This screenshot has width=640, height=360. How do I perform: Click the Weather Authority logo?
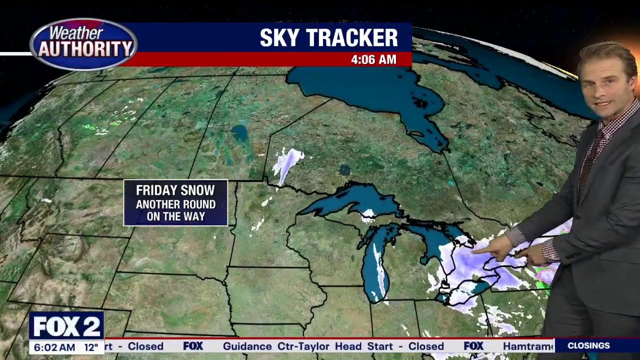pyautogui.click(x=83, y=44)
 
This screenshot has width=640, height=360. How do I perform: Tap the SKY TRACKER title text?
pyautogui.click(x=328, y=38)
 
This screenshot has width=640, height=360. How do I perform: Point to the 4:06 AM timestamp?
pyautogui.click(x=373, y=59)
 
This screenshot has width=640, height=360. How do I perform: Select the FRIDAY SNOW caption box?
pyautogui.click(x=175, y=203)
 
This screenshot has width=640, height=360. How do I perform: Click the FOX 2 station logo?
pyautogui.click(x=66, y=326)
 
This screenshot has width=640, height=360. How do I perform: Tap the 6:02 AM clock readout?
pyautogui.click(x=52, y=347)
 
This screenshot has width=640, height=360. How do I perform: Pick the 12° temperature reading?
pyautogui.click(x=91, y=347)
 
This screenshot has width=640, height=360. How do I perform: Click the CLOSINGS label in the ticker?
pyautogui.click(x=588, y=345)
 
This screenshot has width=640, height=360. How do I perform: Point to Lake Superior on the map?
pyautogui.click(x=350, y=199)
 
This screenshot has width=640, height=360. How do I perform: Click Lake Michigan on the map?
pyautogui.click(x=375, y=265)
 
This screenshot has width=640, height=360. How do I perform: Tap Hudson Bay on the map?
pyautogui.click(x=380, y=90)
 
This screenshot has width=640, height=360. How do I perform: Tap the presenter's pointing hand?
pyautogui.click(x=495, y=247)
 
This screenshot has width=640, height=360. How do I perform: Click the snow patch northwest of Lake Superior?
pyautogui.click(x=287, y=162)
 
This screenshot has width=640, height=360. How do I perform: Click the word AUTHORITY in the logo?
pyautogui.click(x=85, y=49)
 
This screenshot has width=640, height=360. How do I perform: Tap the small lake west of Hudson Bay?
pyautogui.click(x=240, y=133)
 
